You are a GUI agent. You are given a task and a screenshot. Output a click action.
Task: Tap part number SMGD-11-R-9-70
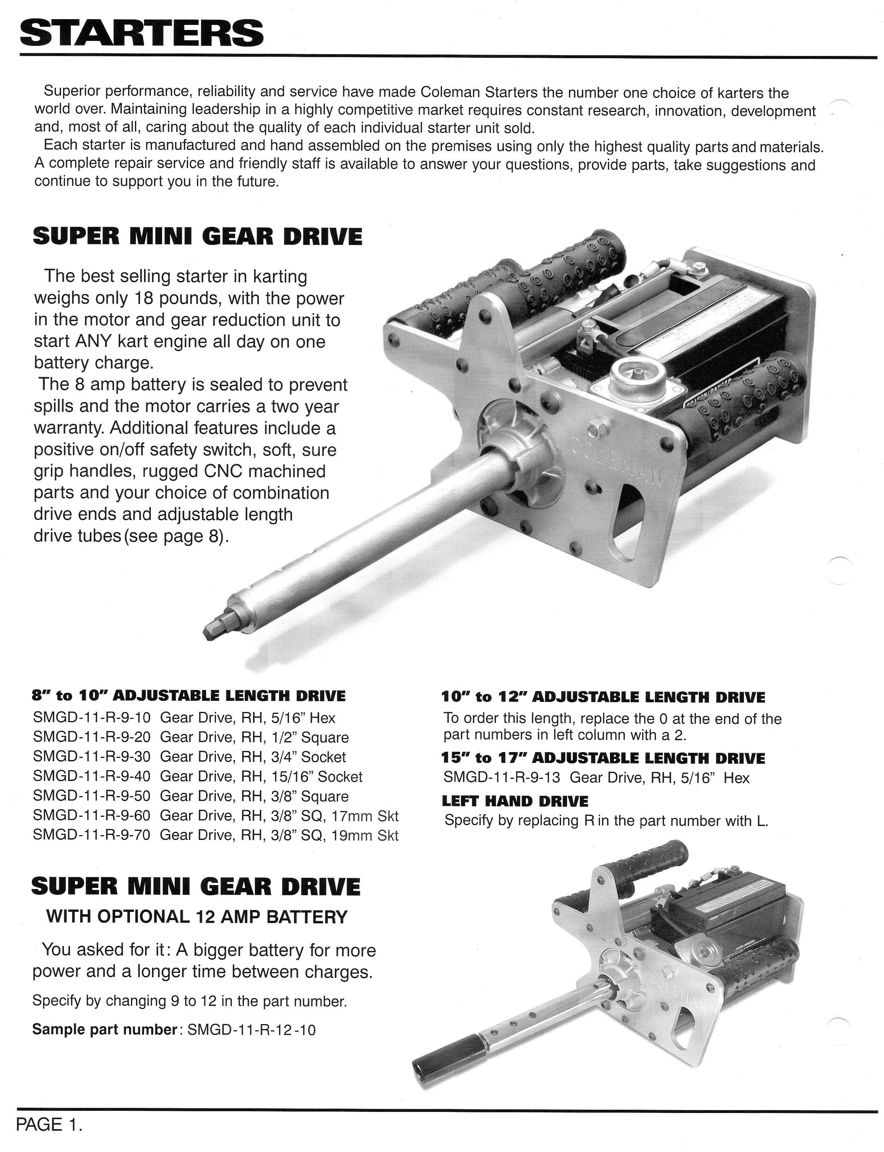coord(92,835)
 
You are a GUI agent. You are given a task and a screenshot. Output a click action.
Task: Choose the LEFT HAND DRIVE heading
coord(515,801)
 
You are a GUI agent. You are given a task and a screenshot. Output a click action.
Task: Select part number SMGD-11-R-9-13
coord(502,778)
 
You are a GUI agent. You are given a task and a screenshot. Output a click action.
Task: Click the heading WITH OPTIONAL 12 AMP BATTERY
coord(197,916)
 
